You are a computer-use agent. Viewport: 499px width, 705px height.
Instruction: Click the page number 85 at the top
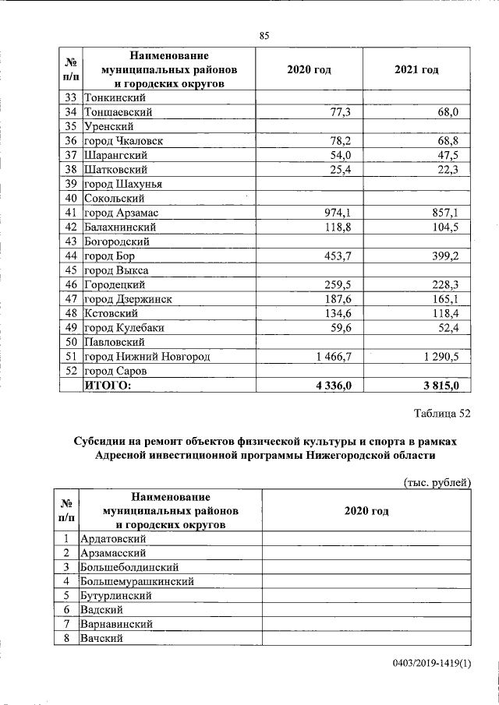point(264,35)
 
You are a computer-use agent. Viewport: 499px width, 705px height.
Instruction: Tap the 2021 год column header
point(416,70)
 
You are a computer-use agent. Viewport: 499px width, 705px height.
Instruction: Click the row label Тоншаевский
point(118,113)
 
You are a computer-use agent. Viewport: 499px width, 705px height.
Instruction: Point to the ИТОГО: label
point(108,385)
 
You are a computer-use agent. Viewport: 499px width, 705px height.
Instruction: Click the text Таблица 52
point(442,414)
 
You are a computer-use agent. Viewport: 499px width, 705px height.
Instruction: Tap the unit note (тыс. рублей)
point(437,482)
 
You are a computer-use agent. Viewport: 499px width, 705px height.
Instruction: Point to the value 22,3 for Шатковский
point(447,170)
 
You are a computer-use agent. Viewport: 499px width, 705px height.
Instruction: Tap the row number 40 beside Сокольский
point(70,199)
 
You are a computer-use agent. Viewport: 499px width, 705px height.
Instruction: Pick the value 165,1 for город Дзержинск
point(444,299)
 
